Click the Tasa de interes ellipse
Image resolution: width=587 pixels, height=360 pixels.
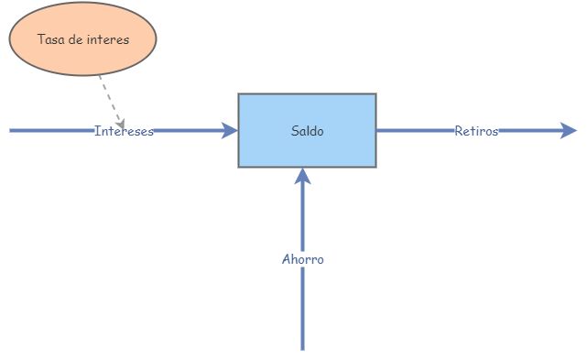point(82,39)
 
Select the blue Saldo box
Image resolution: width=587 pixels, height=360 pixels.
point(307,130)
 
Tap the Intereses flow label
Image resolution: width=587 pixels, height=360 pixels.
point(124,131)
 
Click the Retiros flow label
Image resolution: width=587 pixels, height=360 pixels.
point(476,131)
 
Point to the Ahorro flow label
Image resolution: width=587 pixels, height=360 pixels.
point(302,259)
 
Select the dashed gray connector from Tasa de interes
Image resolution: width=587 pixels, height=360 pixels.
point(108,96)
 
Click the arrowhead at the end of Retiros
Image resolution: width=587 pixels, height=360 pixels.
point(570,131)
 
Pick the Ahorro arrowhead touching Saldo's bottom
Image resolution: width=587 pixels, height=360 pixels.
point(303,176)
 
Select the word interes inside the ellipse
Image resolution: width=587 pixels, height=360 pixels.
point(110,39)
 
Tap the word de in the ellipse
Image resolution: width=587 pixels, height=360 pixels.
point(77,39)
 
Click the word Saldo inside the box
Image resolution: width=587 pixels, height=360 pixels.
point(307,131)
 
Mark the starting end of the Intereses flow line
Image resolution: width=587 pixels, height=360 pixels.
point(11,131)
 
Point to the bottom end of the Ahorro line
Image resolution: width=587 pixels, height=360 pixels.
point(303,348)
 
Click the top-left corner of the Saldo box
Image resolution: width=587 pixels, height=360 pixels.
point(239,94)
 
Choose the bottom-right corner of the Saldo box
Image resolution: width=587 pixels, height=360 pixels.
point(375,167)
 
